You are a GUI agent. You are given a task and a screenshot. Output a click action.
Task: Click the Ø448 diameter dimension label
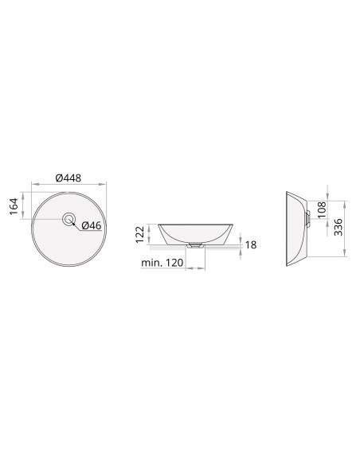68,178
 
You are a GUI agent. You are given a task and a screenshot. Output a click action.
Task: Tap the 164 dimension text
14,206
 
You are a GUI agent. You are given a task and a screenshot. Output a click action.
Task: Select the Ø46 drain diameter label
92,225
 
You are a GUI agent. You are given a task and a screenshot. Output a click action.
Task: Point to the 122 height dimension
140,234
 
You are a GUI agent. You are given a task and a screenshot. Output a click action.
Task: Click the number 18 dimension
251,245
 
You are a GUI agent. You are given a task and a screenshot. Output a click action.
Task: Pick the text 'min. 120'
162,263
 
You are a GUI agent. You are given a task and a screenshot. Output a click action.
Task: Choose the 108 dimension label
322,209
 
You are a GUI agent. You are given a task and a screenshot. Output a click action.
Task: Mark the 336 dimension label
338,227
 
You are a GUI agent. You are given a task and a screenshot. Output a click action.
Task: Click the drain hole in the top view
68,220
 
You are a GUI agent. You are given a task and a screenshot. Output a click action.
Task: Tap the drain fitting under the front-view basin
195,245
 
